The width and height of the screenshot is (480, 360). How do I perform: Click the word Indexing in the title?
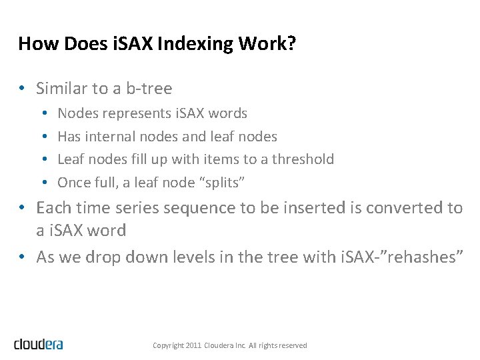pyautogui.click(x=208, y=44)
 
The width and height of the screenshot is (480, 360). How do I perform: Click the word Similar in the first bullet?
pyautogui.click(x=61, y=89)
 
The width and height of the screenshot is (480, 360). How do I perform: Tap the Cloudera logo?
pyautogui.click(x=38, y=344)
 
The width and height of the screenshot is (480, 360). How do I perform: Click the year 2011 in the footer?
pyautogui.click(x=193, y=345)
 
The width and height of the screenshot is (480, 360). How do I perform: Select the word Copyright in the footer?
pyautogui.click(x=167, y=345)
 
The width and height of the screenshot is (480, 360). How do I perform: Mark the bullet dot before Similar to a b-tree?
pyautogui.click(x=23, y=89)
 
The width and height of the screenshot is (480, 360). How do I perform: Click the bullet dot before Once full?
pyautogui.click(x=43, y=183)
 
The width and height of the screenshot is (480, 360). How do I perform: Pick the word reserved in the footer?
pyautogui.click(x=293, y=345)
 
